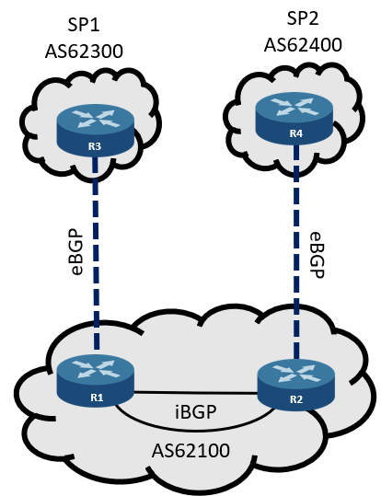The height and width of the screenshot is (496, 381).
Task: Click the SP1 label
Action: pos(84,25)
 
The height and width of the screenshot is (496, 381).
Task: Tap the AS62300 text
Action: pos(84,51)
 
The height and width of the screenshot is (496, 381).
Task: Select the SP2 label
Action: pos(303,18)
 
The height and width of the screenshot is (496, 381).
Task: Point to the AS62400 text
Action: pos(303,44)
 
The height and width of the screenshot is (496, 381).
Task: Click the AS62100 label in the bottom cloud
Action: pos(190,450)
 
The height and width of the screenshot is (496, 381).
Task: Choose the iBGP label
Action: pos(196,411)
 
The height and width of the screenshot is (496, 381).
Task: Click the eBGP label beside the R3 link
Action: pos(77,250)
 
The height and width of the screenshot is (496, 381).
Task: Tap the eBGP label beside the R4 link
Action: pos(317,255)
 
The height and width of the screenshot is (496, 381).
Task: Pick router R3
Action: pos(96,131)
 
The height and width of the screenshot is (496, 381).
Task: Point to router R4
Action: pos(294,118)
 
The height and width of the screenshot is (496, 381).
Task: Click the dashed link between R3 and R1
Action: pos(96,253)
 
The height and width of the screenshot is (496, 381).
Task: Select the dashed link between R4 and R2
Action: pos(296,251)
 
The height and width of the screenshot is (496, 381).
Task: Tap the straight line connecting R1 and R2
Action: pos(196,393)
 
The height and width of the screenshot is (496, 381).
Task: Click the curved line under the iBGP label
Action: pos(194,431)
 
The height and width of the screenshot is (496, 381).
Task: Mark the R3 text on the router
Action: pos(95,146)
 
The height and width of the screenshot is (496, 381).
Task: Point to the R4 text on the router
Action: pos(296,133)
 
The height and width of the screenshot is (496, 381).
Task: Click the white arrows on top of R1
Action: pos(96,368)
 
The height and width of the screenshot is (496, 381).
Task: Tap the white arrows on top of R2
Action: pos(296,372)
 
